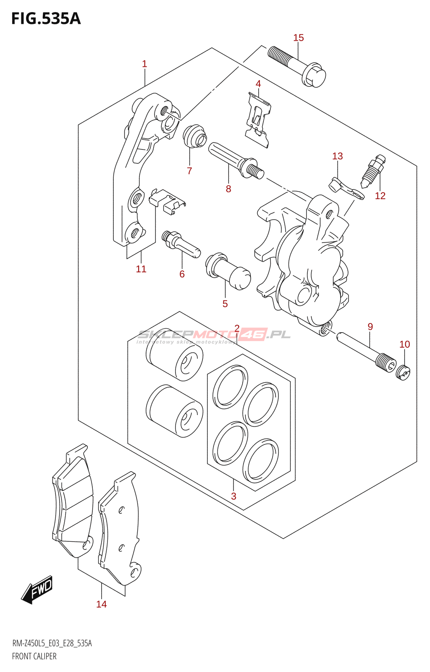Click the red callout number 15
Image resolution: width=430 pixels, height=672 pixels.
(298, 38)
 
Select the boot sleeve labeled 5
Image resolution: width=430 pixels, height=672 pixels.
(228, 271)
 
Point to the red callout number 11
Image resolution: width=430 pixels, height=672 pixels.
(141, 269)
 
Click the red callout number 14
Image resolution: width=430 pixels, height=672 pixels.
(101, 604)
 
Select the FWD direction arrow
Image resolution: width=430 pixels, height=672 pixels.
(37, 590)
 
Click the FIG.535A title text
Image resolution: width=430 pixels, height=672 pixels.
(46, 19)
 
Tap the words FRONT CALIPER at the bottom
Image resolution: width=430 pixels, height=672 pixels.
(34, 656)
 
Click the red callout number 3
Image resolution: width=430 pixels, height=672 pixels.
(233, 496)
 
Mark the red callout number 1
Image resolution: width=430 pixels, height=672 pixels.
(144, 64)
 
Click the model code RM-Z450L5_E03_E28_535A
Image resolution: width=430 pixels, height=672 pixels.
(52, 643)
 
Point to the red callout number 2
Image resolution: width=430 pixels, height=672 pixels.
(237, 328)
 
